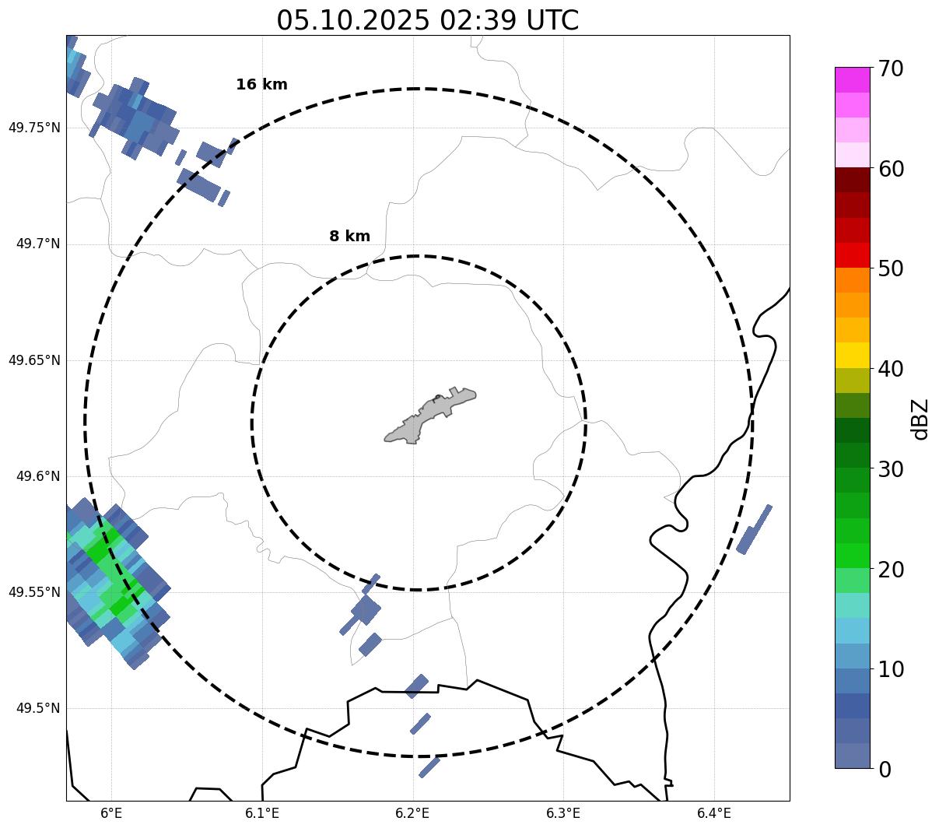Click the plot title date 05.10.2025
click(x=352, y=20)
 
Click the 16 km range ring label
click(x=261, y=85)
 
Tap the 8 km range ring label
click(x=349, y=237)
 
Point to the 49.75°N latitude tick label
click(x=34, y=128)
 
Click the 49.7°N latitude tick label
click(x=38, y=244)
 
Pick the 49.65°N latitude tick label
click(x=34, y=360)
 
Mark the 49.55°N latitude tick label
click(x=34, y=592)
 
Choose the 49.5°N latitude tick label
click(x=38, y=708)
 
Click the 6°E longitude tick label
click(x=112, y=813)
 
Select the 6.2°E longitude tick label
click(x=413, y=813)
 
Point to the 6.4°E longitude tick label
click(x=714, y=813)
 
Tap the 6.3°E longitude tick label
click(x=563, y=813)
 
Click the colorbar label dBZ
click(x=920, y=419)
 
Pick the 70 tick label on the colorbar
click(x=891, y=68)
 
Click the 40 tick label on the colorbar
click(x=891, y=369)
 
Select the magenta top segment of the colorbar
click(x=853, y=79)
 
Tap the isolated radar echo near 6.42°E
click(x=754, y=529)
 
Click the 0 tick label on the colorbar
click(x=885, y=770)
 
